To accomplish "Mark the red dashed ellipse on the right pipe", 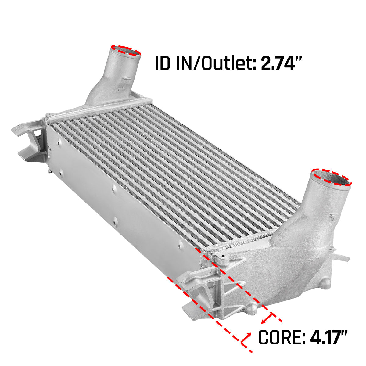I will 331,177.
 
